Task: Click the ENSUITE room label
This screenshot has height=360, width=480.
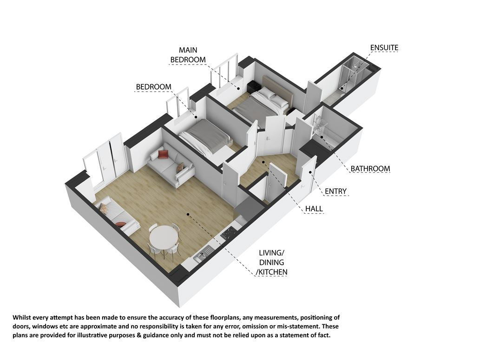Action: (x=384, y=48)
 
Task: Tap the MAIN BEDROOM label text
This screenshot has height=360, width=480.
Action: (x=188, y=55)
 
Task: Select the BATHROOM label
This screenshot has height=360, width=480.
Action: (x=370, y=169)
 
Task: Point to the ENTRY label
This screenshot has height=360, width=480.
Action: (x=335, y=191)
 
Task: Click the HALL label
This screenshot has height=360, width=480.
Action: (x=314, y=209)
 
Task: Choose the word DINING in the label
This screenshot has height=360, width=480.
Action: (x=271, y=262)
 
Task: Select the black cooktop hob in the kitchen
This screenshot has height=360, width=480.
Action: (x=228, y=234)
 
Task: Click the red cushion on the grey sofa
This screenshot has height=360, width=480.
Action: (x=163, y=154)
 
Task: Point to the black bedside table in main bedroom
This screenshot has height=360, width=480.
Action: (x=254, y=87)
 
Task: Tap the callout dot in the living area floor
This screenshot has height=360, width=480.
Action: (x=188, y=215)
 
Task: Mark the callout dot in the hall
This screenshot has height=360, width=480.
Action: (x=263, y=162)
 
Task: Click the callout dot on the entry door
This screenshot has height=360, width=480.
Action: (x=310, y=172)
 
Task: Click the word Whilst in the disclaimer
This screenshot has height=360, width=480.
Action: (x=22, y=317)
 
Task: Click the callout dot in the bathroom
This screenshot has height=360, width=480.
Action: (x=321, y=137)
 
